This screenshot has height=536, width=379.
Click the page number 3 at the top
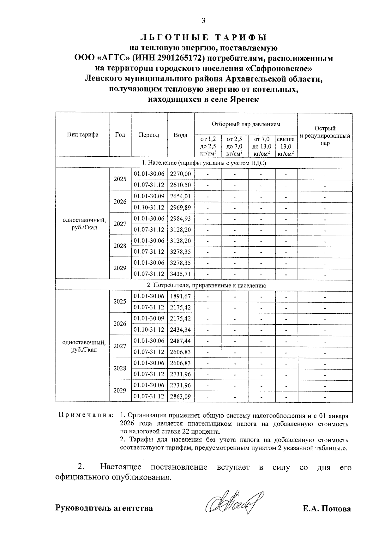203,21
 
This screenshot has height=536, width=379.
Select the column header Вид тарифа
82,135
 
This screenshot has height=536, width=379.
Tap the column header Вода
181,135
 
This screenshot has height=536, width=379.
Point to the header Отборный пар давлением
246,124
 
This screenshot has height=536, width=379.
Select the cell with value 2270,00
180,174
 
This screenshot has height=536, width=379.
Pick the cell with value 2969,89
180,208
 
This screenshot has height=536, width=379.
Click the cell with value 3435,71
180,274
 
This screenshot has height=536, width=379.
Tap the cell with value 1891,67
180,296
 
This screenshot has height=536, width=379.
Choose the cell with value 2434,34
180,330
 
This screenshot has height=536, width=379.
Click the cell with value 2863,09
180,396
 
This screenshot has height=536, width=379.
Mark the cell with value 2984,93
180,219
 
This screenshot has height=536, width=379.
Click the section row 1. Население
204,163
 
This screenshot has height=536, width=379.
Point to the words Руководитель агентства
104,508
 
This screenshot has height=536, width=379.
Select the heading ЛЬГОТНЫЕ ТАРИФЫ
203,38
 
